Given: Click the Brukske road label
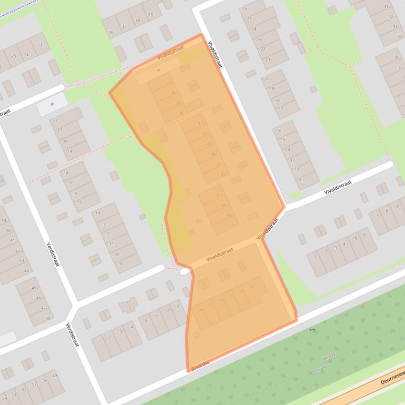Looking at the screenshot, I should pos(201,363).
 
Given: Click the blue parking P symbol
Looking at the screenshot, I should pos(52,105).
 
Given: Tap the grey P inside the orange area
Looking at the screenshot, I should pos(158,70).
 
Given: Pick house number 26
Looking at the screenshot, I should pos(244,8).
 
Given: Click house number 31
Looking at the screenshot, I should pos(386,7).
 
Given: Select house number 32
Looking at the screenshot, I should pos(391,16).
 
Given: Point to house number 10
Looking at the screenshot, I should pos(116,254).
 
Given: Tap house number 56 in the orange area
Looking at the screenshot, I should pos(200,309).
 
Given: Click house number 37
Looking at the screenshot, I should pos(169,83).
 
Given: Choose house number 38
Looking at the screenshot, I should pos(173,93).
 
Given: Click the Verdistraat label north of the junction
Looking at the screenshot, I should pos(53,254).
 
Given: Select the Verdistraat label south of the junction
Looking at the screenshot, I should pos(72,335).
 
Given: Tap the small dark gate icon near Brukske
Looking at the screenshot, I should pos(312,330).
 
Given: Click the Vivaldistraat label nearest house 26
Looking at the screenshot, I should pos(215,55).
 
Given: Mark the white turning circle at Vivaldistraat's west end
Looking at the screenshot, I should pos(185,271).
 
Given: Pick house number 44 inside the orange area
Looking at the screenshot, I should pos(214,154).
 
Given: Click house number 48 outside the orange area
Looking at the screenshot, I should pos(48,318).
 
